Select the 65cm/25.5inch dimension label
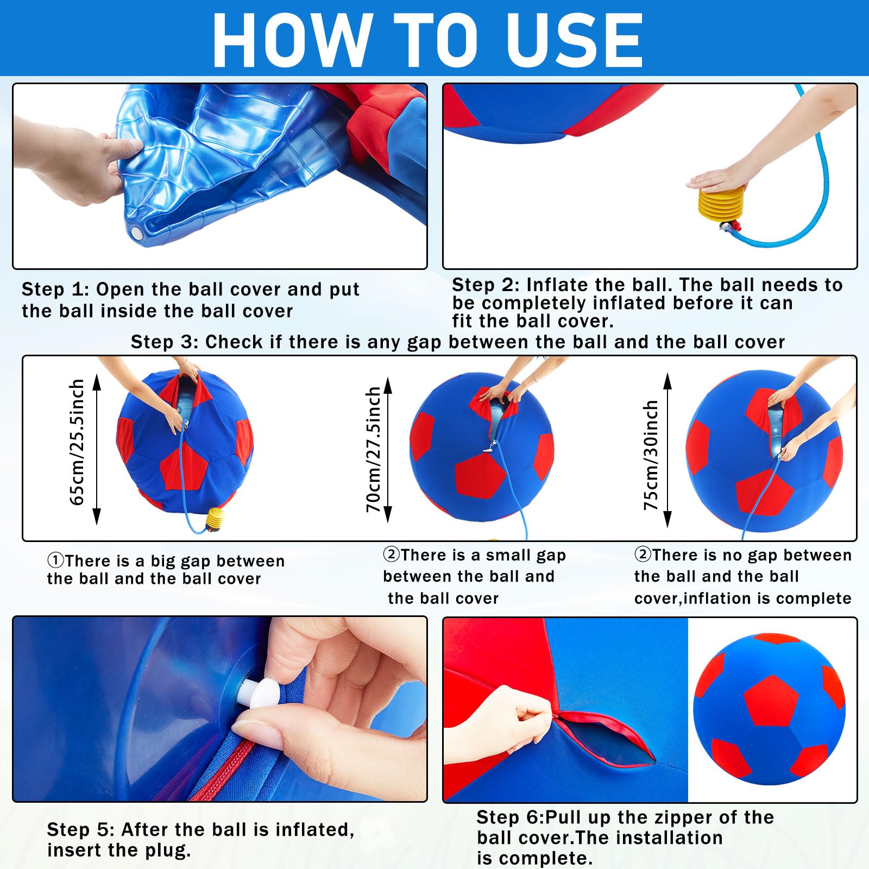pos(77,442)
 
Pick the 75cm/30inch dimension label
pos(651,455)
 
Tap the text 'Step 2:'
pos(486,285)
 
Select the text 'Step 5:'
pos(80,829)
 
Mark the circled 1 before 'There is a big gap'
pos(55,561)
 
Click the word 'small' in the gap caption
pos(511,555)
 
